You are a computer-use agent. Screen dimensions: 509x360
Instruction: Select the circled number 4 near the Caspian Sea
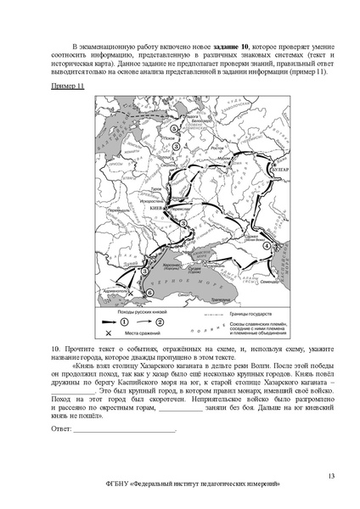267,246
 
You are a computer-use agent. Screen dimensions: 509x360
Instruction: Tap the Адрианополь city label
115,290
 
